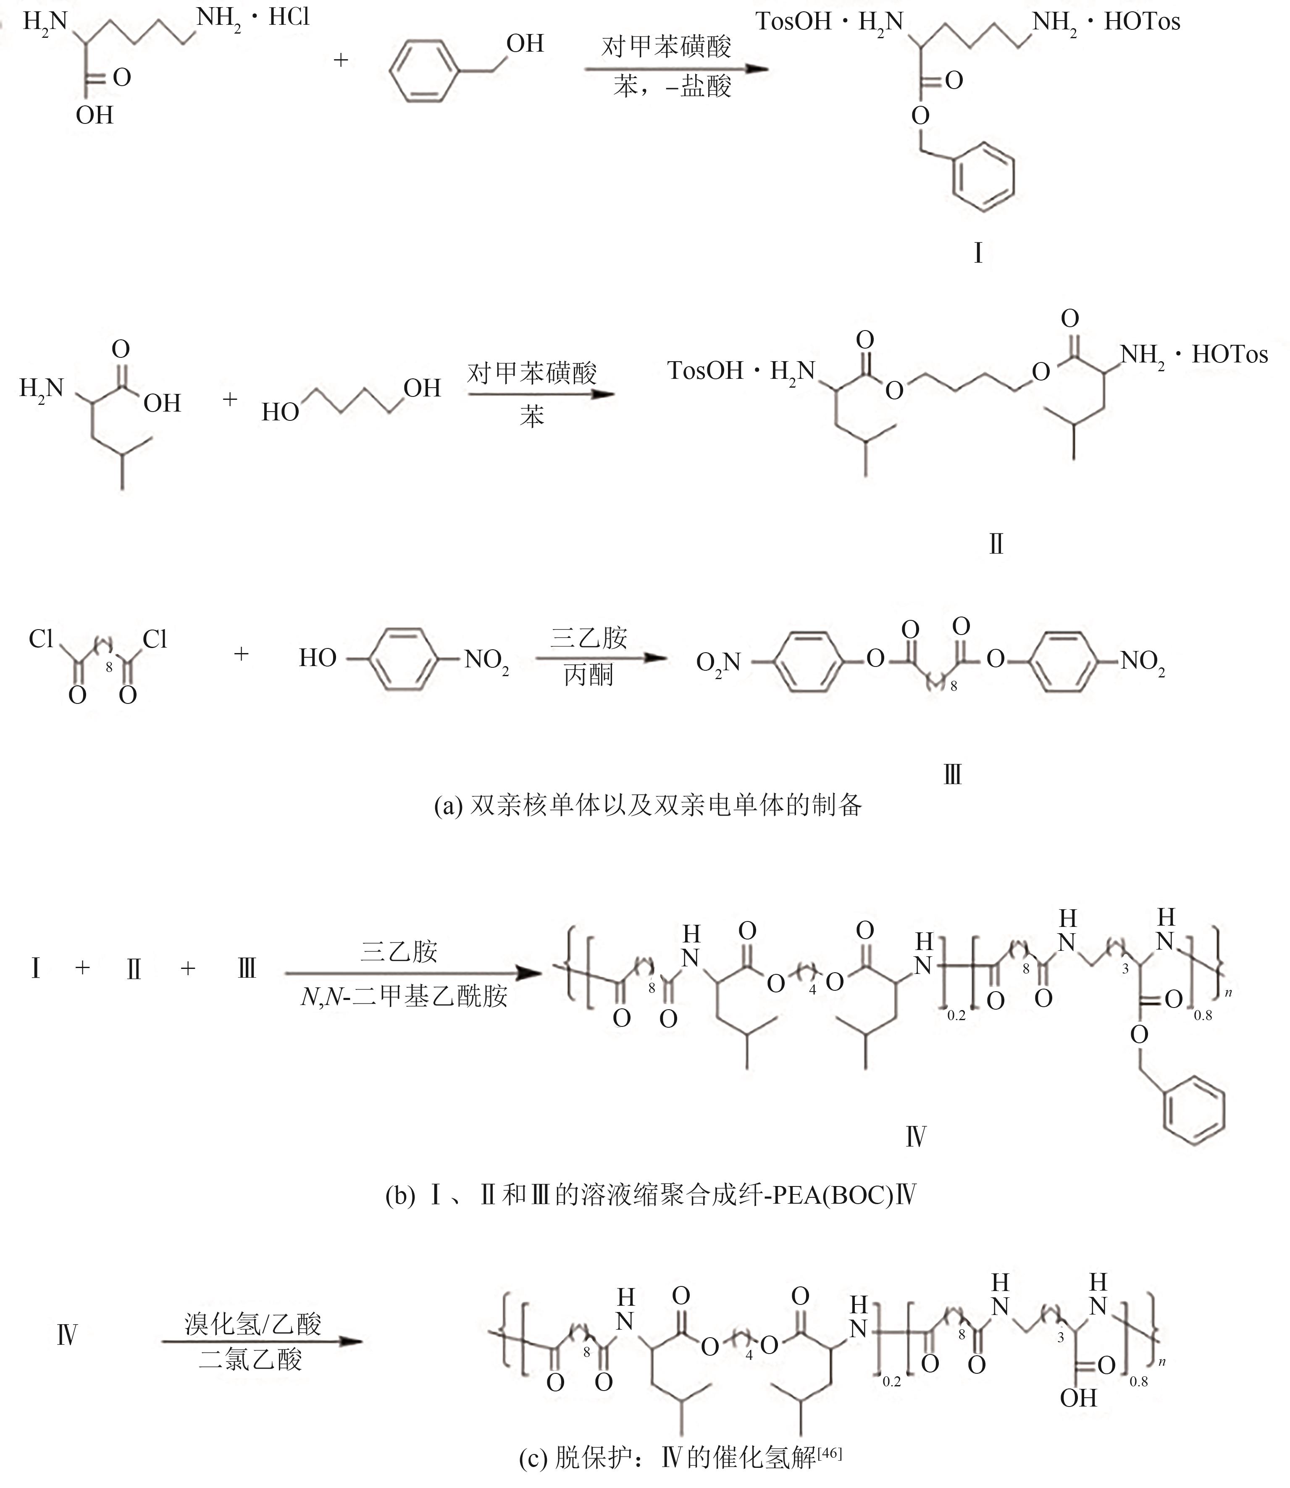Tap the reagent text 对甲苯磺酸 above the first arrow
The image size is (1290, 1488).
click(666, 47)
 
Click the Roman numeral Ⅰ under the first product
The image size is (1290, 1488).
click(977, 253)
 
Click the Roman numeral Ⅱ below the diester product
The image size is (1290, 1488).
click(996, 544)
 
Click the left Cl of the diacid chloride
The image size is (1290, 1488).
click(41, 638)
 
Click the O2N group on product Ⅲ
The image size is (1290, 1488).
click(718, 661)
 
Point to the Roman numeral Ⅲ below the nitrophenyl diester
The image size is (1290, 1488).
click(952, 774)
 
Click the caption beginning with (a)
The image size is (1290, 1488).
click(647, 805)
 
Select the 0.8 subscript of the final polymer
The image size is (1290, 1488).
click(1139, 1381)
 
